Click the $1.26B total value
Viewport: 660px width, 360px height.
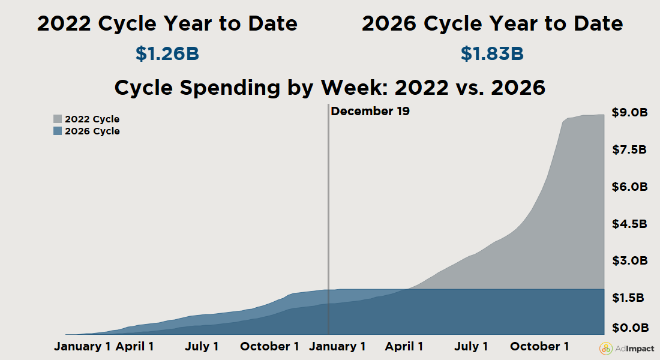point(167,53)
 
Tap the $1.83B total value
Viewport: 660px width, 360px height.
point(492,53)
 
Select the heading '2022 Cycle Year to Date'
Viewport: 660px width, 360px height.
point(167,24)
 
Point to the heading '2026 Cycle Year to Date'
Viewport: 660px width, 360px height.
point(492,24)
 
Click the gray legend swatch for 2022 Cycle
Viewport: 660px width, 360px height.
point(58,119)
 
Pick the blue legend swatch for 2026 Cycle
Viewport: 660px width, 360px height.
point(58,131)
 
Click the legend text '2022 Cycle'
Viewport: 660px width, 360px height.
point(92,119)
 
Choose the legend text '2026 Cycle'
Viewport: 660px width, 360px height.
point(92,131)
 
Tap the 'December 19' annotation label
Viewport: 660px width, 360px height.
point(370,111)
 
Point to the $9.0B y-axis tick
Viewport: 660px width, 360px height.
point(629,112)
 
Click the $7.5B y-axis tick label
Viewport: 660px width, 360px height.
point(629,149)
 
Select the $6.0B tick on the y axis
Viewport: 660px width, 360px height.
point(629,187)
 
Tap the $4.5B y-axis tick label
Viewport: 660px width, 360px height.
point(629,224)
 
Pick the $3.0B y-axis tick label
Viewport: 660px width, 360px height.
point(629,261)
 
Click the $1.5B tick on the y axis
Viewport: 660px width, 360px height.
point(629,298)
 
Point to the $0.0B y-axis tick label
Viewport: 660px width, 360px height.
point(629,328)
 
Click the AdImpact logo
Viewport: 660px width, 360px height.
point(627,349)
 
